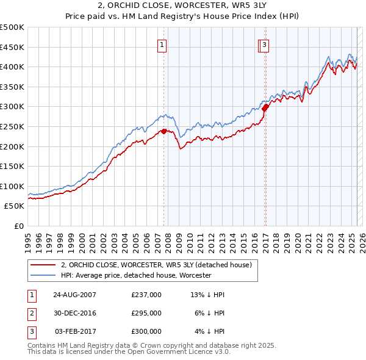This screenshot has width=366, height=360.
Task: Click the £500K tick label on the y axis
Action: [x=12, y=27]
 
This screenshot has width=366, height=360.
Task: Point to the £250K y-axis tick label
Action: [x=12, y=126]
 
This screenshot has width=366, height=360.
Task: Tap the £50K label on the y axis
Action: [x=15, y=206]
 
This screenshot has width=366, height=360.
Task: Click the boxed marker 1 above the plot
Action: [x=163, y=44]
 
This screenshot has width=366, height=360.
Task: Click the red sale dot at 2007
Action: [x=163, y=131]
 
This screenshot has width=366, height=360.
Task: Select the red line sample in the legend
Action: [x=43, y=265]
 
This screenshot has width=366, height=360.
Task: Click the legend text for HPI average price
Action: [x=135, y=276]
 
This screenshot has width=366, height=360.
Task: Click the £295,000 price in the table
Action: [x=146, y=313]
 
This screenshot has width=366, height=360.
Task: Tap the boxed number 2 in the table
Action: [x=30, y=313]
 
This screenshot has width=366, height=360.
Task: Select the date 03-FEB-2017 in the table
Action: [x=75, y=331]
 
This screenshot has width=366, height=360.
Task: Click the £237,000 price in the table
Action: [x=146, y=295]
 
